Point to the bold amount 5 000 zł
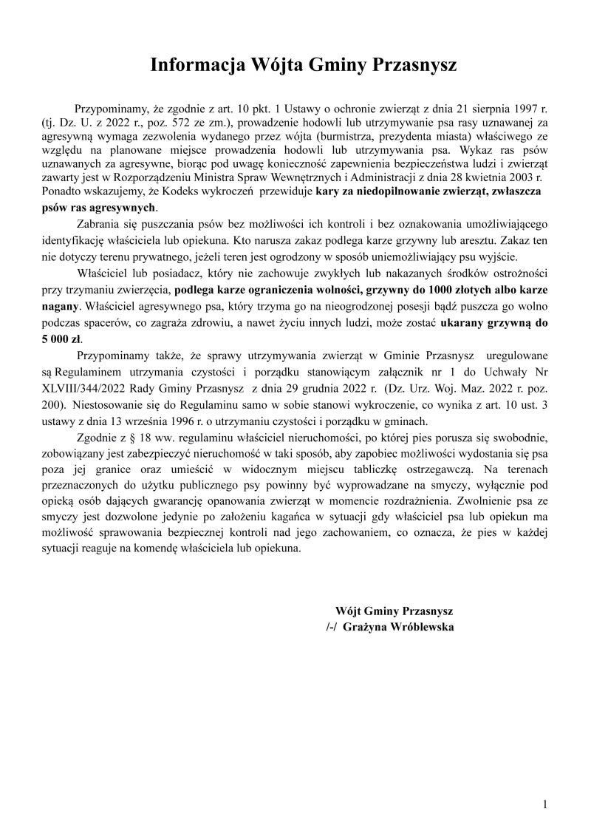click(x=63, y=339)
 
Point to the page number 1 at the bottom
click(x=544, y=804)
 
